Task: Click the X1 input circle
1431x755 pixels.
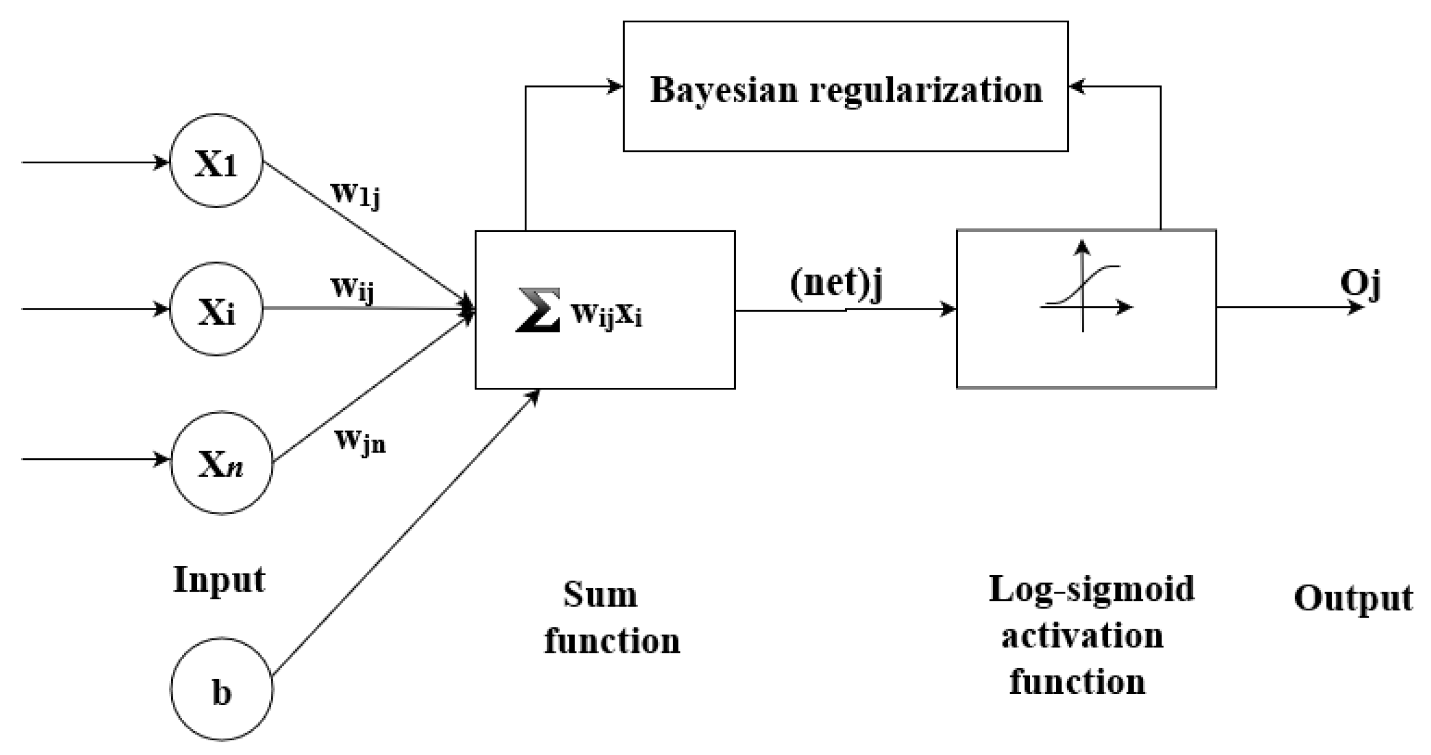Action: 216,161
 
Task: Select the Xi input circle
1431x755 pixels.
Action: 216,309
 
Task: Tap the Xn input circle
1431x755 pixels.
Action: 222,462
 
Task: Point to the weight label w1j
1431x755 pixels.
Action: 356,193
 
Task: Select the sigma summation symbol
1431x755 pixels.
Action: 538,310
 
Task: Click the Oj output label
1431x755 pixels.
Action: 1360,284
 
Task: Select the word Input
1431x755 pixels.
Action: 219,580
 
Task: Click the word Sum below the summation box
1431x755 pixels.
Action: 600,595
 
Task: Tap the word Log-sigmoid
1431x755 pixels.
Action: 1091,589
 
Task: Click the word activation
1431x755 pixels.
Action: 1082,636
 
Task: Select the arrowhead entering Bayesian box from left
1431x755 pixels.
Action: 616,87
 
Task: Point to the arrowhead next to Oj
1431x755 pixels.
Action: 1356,307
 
